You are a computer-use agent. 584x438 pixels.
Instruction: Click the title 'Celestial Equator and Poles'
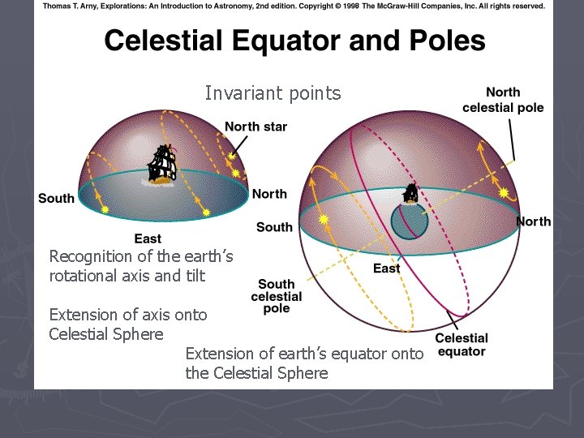pyautogui.click(x=294, y=41)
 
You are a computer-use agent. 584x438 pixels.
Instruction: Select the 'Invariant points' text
pyautogui.click(x=273, y=93)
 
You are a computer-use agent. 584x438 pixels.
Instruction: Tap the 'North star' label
pyautogui.click(x=255, y=127)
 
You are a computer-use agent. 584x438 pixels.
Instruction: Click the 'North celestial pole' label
pyautogui.click(x=503, y=100)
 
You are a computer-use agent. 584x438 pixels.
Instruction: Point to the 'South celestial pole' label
pyautogui.click(x=276, y=296)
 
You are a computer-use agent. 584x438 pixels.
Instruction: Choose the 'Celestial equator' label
pyautogui.click(x=462, y=345)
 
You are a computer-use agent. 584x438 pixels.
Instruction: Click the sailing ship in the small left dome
pyautogui.click(x=162, y=165)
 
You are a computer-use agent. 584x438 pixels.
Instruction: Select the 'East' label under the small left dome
pyautogui.click(x=148, y=238)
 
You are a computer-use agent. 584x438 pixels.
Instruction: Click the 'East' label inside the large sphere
pyautogui.click(x=386, y=268)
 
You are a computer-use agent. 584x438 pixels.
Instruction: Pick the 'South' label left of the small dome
pyautogui.click(x=56, y=198)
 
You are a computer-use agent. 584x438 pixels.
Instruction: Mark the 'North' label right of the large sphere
pyautogui.click(x=533, y=221)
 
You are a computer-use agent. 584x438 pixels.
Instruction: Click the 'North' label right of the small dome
pyautogui.click(x=268, y=194)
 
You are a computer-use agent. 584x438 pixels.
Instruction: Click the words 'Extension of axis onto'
pyautogui.click(x=128, y=315)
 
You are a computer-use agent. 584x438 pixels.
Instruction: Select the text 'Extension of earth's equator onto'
pyautogui.click(x=304, y=354)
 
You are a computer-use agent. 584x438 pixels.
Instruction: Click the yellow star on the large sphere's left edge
pyautogui.click(x=324, y=219)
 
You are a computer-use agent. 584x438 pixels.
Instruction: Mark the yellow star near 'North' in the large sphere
pyautogui.click(x=504, y=193)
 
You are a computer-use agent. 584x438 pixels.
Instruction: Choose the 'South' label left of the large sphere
pyautogui.click(x=274, y=227)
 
